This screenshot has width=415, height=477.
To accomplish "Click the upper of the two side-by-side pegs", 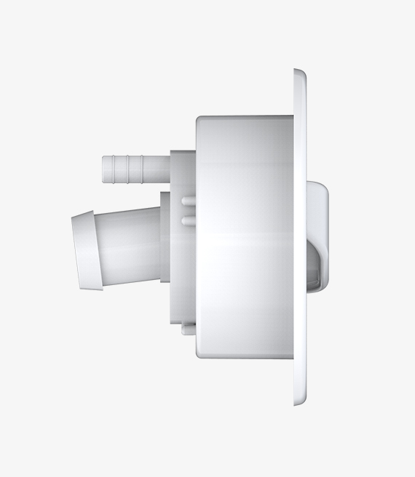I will [x=188, y=201].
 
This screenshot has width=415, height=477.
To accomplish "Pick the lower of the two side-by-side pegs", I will [x=188, y=219].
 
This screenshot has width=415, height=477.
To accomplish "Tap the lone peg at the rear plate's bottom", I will [x=189, y=329].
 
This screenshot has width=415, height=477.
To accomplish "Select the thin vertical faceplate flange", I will [x=300, y=236].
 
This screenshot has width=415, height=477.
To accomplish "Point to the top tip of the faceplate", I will [x=299, y=71].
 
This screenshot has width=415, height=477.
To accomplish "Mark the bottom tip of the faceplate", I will [x=299, y=402].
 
